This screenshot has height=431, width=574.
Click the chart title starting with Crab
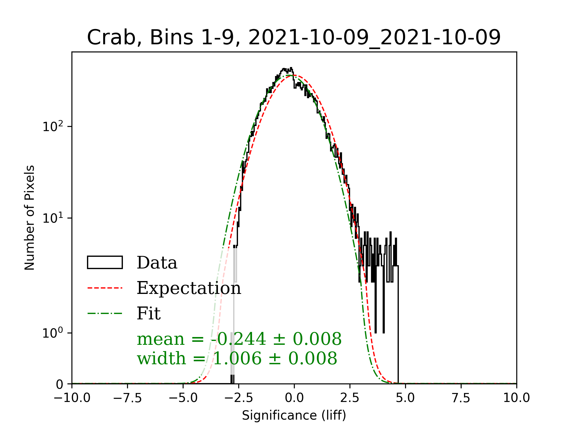pyautogui.click(x=294, y=38)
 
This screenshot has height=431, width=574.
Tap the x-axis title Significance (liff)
pyautogui.click(x=294, y=415)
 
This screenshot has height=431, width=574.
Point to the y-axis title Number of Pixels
pyautogui.click(x=30, y=218)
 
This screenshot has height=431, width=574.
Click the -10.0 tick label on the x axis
pyautogui.click(x=72, y=398)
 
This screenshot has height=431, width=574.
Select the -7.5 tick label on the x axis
pyautogui.click(x=127, y=398)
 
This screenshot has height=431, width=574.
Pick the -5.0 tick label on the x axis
pyautogui.click(x=183, y=398)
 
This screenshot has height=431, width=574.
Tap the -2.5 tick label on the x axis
pyautogui.click(x=239, y=398)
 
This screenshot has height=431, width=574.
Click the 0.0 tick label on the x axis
pyautogui.click(x=294, y=398)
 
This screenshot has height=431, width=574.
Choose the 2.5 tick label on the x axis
pyautogui.click(x=350, y=398)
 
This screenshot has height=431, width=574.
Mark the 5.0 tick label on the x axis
pyautogui.click(x=405, y=398)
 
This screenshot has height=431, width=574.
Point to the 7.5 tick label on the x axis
pyautogui.click(x=461, y=398)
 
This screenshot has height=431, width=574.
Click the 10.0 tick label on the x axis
pyautogui.click(x=517, y=398)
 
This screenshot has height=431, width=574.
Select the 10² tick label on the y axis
pyautogui.click(x=53, y=126)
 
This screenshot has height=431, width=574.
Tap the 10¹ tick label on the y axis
pyautogui.click(x=53, y=218)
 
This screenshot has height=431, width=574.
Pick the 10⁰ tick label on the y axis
pyautogui.click(x=53, y=333)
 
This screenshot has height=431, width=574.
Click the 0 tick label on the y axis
pyautogui.click(x=59, y=384)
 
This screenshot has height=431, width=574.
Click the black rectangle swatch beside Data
pyautogui.click(x=105, y=262)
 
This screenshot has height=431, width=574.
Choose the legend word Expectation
pyautogui.click(x=189, y=288)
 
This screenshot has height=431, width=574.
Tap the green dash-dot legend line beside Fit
pyautogui.click(x=105, y=314)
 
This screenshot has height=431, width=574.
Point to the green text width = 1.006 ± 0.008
pyautogui.click(x=237, y=358)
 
